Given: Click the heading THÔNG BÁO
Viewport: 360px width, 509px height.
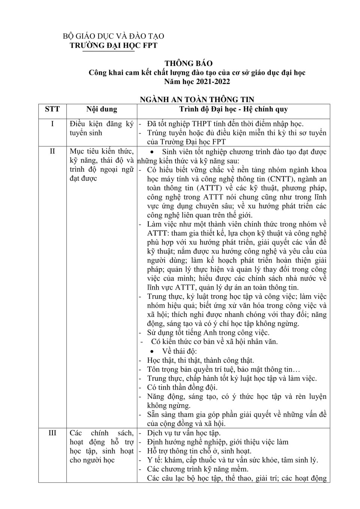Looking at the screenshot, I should tap(188, 63).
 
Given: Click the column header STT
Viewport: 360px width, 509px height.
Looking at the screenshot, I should tap(52, 109).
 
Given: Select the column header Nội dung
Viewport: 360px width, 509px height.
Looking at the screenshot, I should tap(102, 109).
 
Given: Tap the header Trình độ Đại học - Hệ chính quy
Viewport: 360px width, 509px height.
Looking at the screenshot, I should tap(233, 109).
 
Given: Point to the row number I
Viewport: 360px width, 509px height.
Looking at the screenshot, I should tap(52, 124).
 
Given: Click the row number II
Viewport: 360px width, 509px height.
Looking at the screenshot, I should tap(52, 151).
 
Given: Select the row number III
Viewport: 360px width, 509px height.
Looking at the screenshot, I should tap(52, 433).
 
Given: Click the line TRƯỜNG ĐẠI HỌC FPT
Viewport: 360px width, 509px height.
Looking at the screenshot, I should tap(114, 45).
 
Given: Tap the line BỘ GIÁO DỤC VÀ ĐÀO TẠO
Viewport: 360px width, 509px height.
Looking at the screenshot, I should tap(113, 36).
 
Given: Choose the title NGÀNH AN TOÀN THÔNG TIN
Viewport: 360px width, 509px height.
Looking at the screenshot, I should tap(197, 99).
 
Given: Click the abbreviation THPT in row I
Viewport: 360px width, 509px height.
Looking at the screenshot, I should tap(202, 124).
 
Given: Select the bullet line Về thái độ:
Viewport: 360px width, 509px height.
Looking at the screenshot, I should tap(179, 351).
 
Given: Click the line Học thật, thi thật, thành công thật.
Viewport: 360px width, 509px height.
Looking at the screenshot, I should tap(201, 360).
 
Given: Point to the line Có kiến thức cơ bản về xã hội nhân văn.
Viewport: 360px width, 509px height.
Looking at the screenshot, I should tap(214, 342).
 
